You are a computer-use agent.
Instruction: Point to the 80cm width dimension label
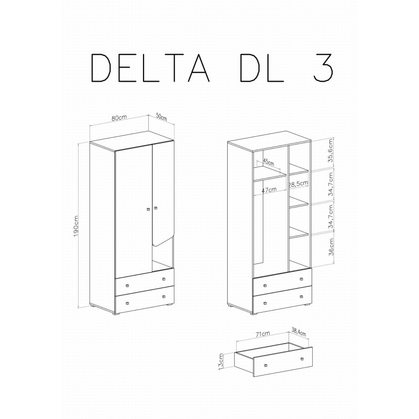point(120,117)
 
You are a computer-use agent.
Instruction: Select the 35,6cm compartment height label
point(331,151)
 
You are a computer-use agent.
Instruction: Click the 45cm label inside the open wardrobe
point(269,161)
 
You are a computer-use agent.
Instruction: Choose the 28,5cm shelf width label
point(299,183)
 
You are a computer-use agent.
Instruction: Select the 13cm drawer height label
point(222,360)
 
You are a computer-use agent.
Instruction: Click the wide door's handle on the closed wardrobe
point(148,210)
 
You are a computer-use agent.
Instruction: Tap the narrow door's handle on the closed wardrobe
point(155,210)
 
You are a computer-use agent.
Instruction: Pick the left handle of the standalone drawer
point(266,365)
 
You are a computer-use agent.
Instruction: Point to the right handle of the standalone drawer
point(303,358)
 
